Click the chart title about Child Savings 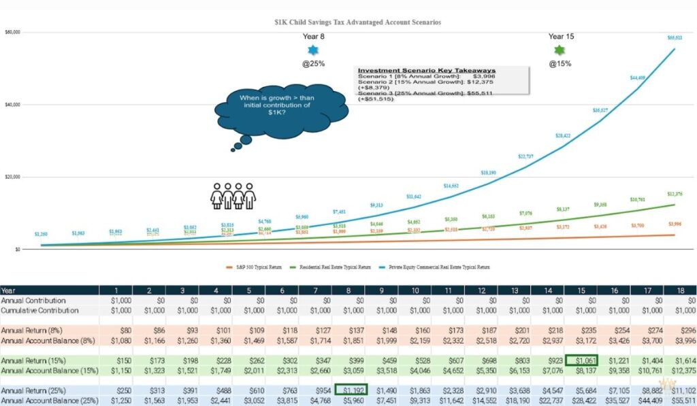(x=357, y=22)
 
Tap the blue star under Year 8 (x=312, y=50)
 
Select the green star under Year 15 (x=560, y=50)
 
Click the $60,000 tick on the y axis (x=13, y=32)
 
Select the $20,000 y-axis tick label (x=13, y=177)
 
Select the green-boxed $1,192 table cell (x=351, y=390)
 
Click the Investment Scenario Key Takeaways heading (x=427, y=71)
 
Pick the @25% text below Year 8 (x=312, y=64)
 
